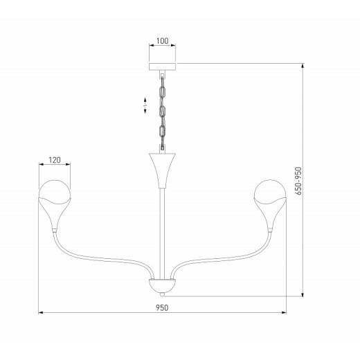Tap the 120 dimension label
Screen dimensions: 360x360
click(55, 160)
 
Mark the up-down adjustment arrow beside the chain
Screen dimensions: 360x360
click(145, 105)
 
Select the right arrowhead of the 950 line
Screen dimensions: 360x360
click(285, 312)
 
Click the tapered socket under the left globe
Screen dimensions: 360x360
click(55, 215)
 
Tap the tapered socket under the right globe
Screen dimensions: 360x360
click(271, 215)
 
